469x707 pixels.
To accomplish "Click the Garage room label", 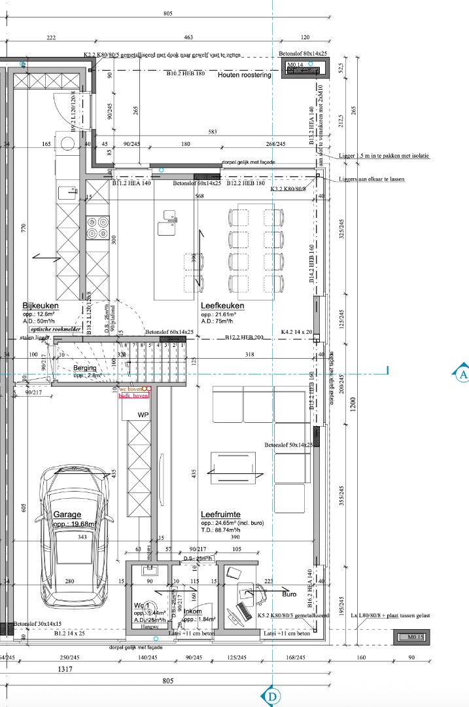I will [67, 515].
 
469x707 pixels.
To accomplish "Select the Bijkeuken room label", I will [41, 306].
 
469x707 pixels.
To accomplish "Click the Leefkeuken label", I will [222, 306].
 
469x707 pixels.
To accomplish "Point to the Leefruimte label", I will [221, 515].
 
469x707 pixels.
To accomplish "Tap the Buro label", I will [289, 595].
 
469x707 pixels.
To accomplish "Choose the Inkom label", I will [192, 611].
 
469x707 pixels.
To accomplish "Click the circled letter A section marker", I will [461, 374].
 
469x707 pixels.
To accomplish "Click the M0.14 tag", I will [297, 65].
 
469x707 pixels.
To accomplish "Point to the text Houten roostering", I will [244, 75].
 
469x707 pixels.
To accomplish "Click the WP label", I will [143, 415].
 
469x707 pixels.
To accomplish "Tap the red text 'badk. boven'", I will [133, 396].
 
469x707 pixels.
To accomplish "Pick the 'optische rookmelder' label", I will [56, 329].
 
